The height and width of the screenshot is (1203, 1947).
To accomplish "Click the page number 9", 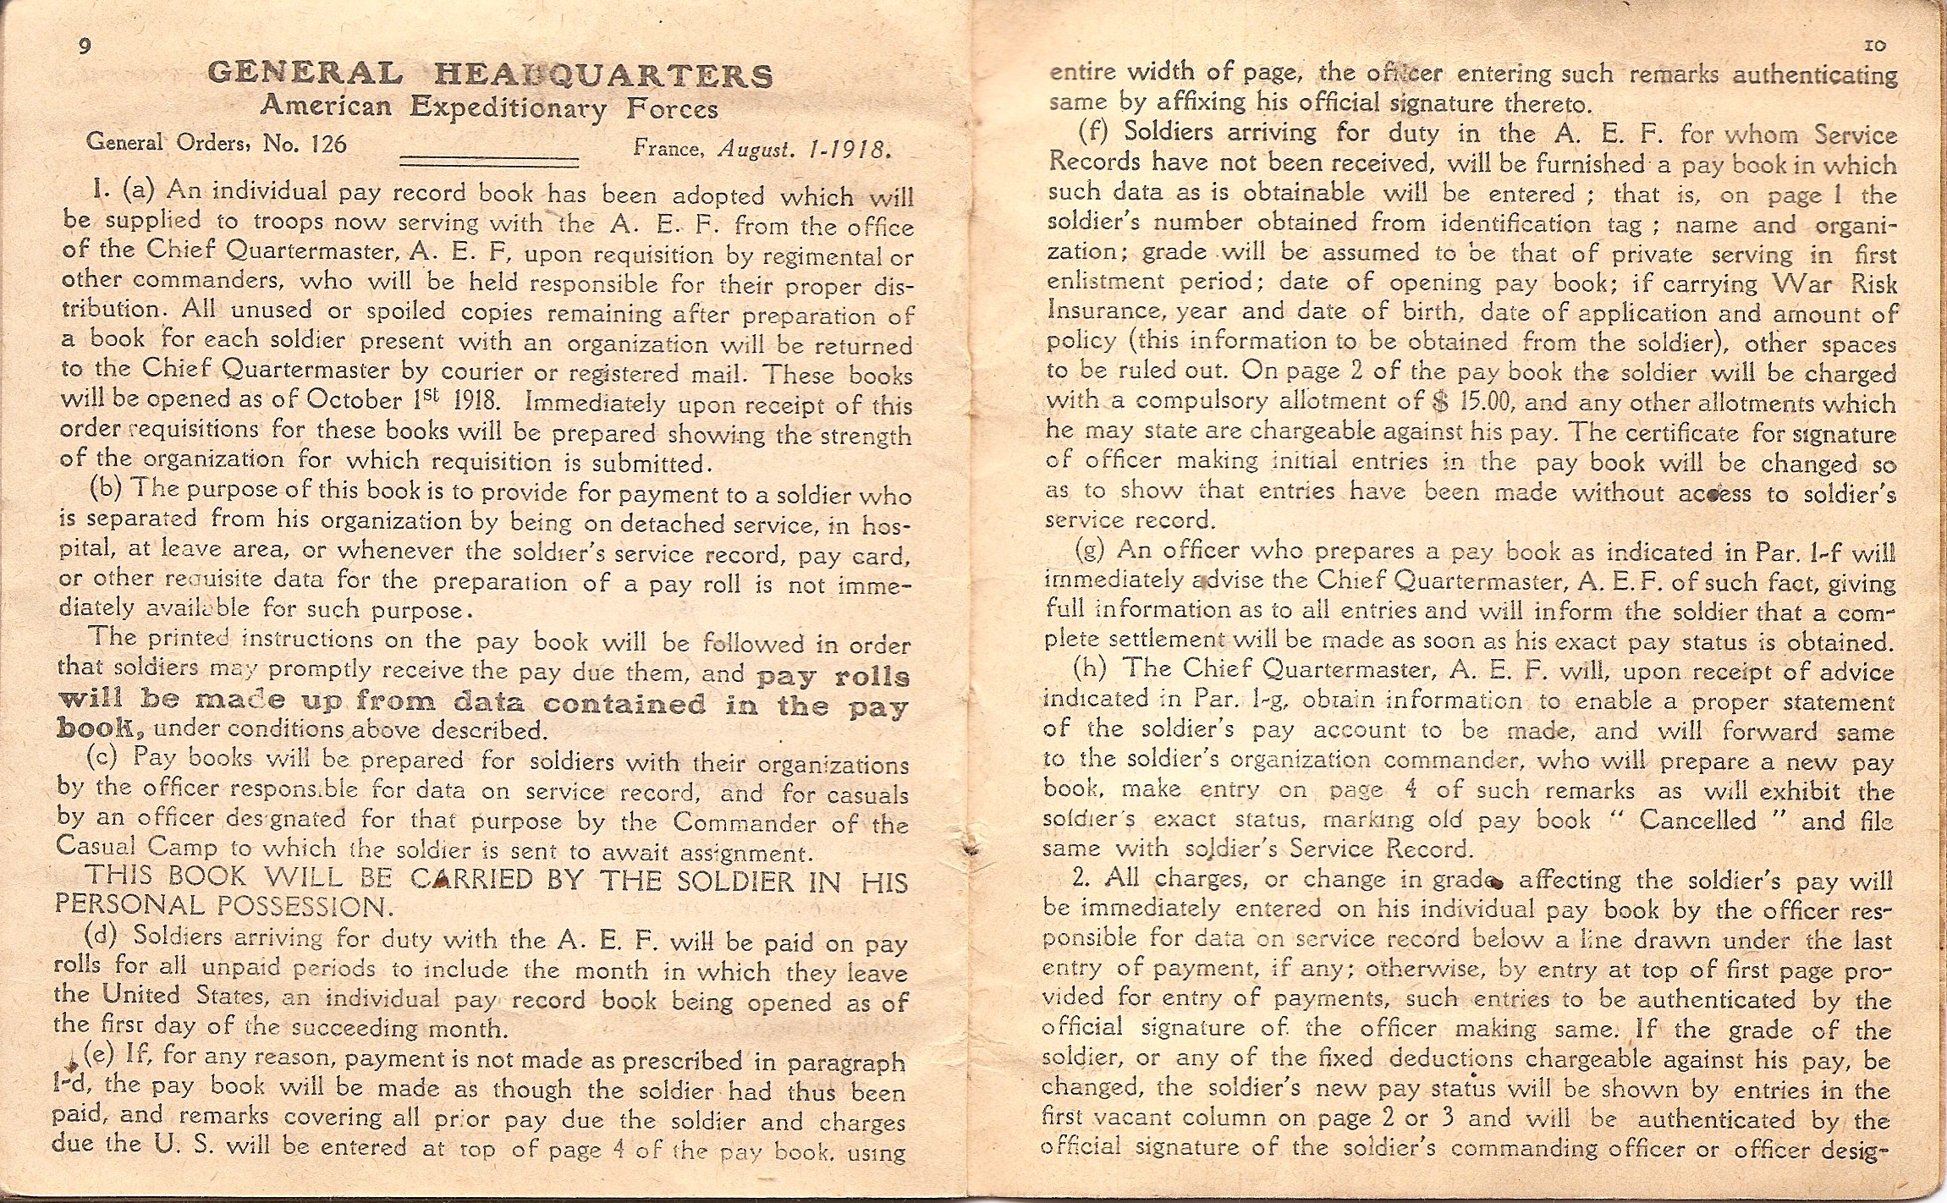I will coord(83,48).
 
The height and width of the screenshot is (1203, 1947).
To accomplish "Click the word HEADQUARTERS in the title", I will coord(604,76).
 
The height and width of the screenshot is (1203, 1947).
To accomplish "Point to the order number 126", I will coord(329,143).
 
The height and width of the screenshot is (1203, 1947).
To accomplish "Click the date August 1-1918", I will coord(804,151).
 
